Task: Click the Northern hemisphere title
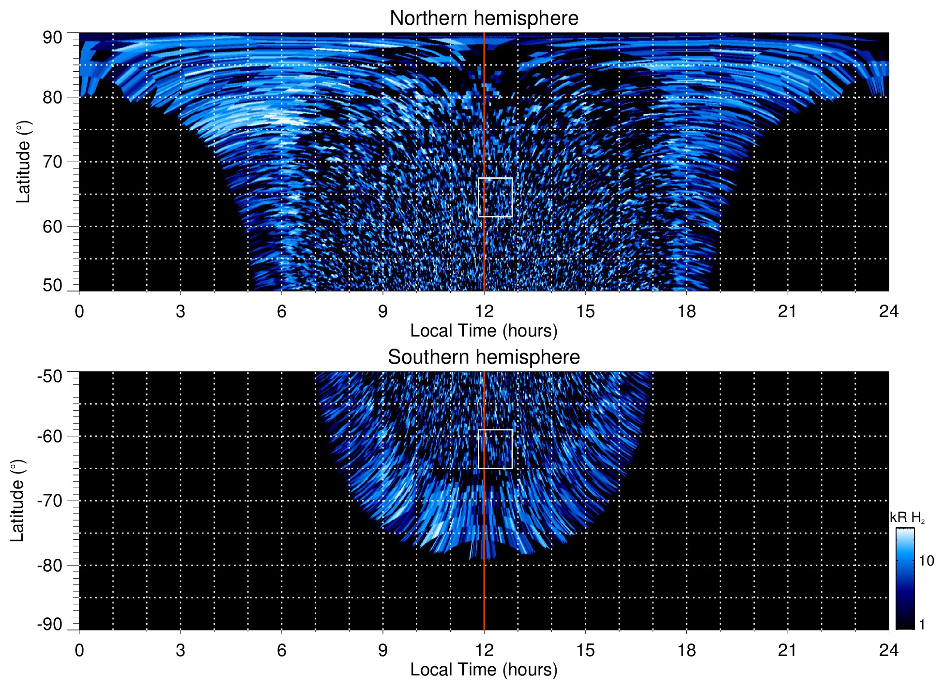(x=484, y=18)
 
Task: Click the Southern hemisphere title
(x=484, y=357)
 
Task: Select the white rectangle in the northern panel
(x=495, y=197)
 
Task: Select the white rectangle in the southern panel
(x=495, y=449)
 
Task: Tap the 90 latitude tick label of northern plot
(x=52, y=38)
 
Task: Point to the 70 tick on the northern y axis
(x=52, y=162)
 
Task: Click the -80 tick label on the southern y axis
(x=50, y=565)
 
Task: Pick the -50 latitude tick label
(x=50, y=376)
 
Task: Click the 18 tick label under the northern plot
(x=686, y=311)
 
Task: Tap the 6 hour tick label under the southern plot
(x=282, y=650)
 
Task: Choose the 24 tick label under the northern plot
(x=888, y=311)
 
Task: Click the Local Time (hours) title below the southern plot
(x=484, y=670)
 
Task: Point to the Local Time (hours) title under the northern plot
(x=484, y=331)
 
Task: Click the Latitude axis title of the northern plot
(x=23, y=162)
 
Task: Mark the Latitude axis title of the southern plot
(x=17, y=501)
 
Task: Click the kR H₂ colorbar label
(x=907, y=518)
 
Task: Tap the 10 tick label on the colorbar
(x=926, y=561)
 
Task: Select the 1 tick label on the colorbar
(x=922, y=625)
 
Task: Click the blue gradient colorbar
(x=905, y=579)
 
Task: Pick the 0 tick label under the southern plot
(x=79, y=650)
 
